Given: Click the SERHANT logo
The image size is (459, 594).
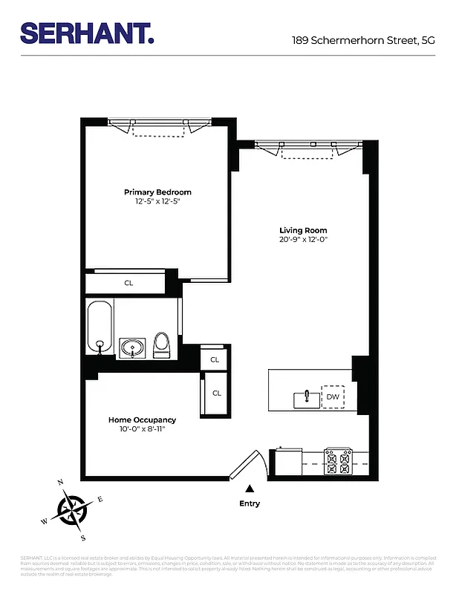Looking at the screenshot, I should point(88,33).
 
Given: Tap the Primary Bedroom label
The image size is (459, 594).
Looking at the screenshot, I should point(157,192).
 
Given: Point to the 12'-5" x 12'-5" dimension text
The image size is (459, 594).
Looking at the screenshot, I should point(157,201).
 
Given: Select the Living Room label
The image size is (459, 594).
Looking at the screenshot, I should point(303,230).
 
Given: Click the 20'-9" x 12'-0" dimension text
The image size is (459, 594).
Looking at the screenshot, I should point(303,239).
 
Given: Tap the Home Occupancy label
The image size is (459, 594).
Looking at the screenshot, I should point(142,420).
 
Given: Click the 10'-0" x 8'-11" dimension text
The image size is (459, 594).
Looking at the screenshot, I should point(142,429).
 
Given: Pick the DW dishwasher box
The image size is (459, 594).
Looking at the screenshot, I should point(333,397).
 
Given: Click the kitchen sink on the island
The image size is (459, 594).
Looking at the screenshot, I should point(305,399).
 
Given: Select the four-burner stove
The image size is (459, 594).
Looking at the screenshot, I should point(339,462).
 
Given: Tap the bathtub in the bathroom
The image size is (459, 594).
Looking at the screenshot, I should point(100,327).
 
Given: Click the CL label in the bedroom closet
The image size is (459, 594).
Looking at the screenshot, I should point(128,283).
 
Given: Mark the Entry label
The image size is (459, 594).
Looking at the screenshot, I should point(250,503).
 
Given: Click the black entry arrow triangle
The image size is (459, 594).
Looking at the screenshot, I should point(250,489).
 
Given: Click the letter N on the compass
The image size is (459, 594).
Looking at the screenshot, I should point(61,483).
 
